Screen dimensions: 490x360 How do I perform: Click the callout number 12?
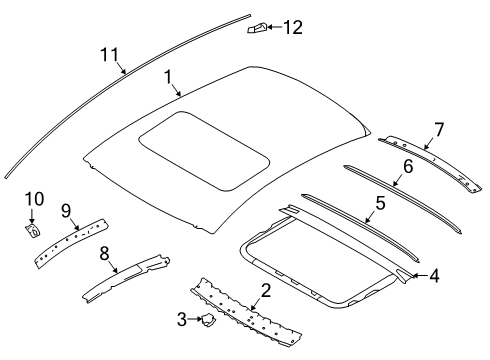(293, 27)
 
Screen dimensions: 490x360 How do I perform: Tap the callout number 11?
(110, 54)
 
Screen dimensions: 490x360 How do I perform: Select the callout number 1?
(169, 77)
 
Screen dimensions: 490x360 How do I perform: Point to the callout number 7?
(439, 129)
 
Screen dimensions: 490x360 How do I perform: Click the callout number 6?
(408, 166)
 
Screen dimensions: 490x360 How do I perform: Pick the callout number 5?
(381, 203)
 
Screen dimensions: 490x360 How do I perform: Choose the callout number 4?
(434, 276)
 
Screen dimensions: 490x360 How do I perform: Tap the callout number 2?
(266, 290)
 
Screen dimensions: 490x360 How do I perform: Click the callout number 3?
(182, 319)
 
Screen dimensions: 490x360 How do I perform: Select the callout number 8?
(104, 253)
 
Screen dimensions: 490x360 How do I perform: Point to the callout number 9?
(66, 211)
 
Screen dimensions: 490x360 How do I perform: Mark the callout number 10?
(34, 199)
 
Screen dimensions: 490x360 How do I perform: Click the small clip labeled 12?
(257, 28)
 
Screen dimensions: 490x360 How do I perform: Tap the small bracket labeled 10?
(33, 231)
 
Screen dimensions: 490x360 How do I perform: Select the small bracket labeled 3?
(207, 320)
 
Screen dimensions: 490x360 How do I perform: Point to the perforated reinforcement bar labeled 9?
(72, 243)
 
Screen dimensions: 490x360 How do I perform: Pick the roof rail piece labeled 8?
(126, 278)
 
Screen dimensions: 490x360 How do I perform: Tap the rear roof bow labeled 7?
(430, 163)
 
